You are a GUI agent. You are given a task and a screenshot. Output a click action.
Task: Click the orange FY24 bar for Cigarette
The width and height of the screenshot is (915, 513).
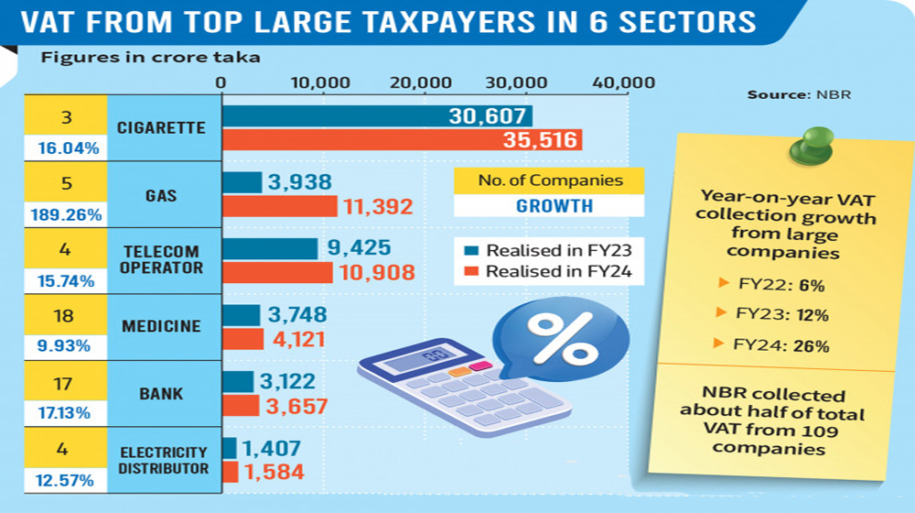point(403,140)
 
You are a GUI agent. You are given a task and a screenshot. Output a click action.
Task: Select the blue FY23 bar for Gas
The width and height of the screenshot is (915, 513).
point(242,182)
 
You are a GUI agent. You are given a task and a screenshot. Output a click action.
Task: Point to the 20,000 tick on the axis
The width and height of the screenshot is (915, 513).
point(426,83)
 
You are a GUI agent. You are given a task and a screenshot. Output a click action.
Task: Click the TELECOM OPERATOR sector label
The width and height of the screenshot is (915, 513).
point(160,259)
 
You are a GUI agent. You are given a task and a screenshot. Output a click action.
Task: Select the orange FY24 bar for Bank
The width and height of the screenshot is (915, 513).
point(241,405)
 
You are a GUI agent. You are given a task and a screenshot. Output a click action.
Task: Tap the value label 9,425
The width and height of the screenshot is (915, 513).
point(361,247)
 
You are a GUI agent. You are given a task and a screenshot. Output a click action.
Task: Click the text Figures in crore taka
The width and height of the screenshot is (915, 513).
point(150,58)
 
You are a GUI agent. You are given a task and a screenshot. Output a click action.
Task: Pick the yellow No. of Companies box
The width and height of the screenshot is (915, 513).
point(549,180)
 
